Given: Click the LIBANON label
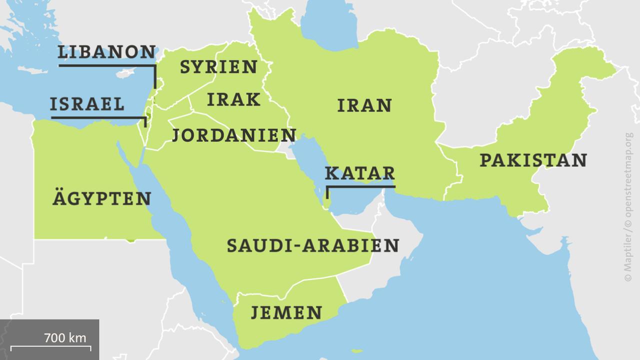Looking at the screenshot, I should (107, 52).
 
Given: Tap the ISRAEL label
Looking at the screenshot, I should (87, 104).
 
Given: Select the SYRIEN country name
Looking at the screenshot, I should (218, 67).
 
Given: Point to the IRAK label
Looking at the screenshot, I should (233, 99).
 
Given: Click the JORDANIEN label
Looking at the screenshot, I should (234, 135).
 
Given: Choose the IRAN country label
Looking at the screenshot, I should (364, 106).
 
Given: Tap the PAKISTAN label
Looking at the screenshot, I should (533, 160).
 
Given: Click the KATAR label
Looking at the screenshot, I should (360, 173).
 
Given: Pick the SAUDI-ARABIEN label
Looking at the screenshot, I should (313, 245).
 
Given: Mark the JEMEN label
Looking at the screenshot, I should (286, 313).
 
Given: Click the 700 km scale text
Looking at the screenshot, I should (65, 338).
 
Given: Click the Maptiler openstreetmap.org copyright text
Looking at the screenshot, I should (628, 205).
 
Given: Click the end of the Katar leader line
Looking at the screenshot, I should (327, 198).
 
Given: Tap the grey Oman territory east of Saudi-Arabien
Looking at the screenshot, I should (395, 235).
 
